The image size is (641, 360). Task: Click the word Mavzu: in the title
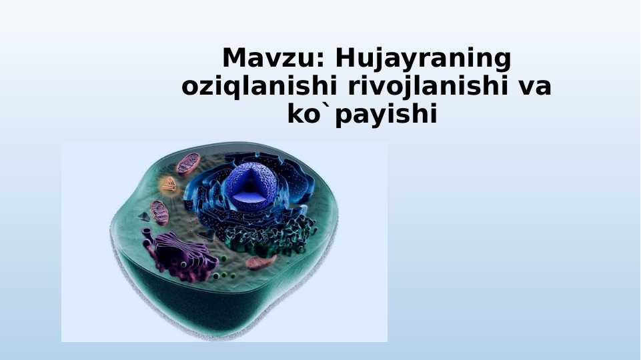pos(273,58)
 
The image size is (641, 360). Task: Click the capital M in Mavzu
pos(235,58)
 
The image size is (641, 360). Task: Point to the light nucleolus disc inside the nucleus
pos(249,197)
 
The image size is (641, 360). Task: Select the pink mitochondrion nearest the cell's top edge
pos(188,164)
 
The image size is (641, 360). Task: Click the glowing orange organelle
pos(169,186)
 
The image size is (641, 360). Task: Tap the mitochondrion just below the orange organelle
pos(159,213)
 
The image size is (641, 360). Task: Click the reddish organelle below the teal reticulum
pos(261,263)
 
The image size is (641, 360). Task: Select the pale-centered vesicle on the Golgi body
pos(183,265)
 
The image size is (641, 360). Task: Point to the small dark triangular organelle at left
pos(144,217)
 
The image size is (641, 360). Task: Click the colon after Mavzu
pos(320,61)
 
